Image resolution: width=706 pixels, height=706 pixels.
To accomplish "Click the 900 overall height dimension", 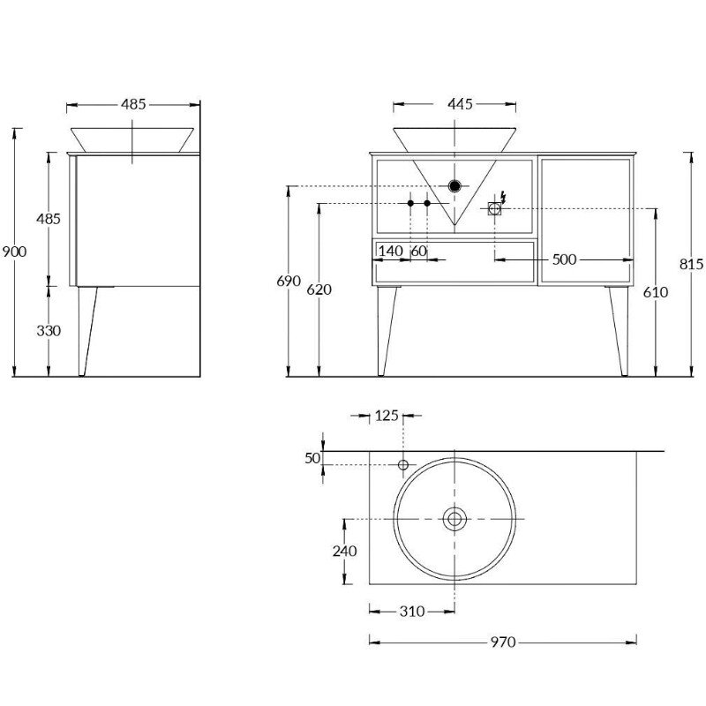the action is click(14, 252).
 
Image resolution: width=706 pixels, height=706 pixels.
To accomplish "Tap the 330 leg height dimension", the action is click(49, 331).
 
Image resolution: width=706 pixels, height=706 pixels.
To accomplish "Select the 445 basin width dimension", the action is click(460, 104).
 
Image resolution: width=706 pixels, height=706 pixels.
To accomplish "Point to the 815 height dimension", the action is click(691, 264).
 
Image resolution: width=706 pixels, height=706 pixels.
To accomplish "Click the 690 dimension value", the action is click(289, 281).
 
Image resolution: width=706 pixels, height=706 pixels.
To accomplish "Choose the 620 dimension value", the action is click(319, 289).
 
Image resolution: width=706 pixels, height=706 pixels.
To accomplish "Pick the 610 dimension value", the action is click(656, 292).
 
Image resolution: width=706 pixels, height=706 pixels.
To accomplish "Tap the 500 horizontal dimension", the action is click(564, 259).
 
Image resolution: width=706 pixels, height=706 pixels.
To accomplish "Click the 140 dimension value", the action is click(390, 251).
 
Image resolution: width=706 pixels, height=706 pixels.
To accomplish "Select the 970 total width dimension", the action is click(503, 642).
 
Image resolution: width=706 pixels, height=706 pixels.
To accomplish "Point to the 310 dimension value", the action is click(412, 611).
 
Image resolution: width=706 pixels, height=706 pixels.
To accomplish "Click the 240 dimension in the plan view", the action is click(344, 551).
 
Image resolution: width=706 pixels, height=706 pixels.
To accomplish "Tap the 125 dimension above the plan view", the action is click(387, 416).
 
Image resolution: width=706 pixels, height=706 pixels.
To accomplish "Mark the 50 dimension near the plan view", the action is click(312, 458).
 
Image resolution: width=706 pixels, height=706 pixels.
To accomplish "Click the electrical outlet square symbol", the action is click(494, 208).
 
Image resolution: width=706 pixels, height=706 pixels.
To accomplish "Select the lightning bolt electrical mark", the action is click(503, 197).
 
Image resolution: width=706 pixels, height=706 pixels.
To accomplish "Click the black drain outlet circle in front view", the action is click(454, 185).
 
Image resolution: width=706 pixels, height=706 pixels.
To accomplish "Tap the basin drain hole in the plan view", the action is click(454, 519).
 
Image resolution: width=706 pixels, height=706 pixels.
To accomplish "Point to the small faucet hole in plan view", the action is click(403, 465).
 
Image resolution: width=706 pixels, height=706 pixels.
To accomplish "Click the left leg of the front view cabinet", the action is click(387, 331).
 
